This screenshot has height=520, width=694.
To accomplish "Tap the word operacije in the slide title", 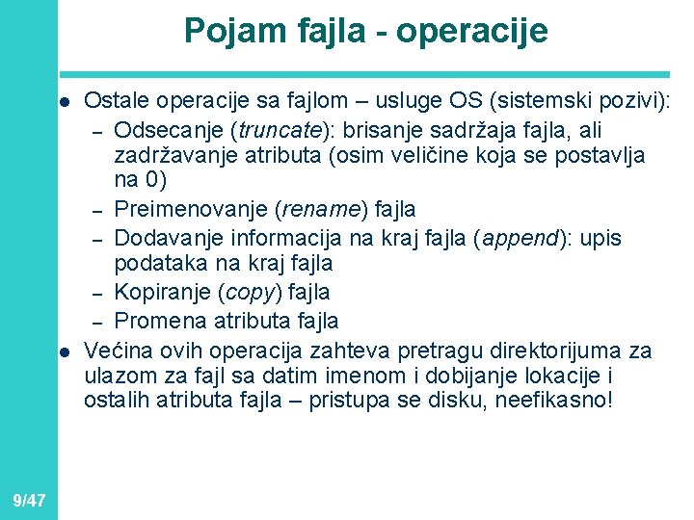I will [x=471, y=31].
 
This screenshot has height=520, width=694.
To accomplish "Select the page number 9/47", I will [x=30, y=500].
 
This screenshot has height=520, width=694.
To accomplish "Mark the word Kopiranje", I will [x=154, y=291].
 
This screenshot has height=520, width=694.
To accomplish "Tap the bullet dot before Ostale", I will [x=61, y=102].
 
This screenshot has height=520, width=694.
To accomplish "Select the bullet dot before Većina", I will [x=61, y=349].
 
